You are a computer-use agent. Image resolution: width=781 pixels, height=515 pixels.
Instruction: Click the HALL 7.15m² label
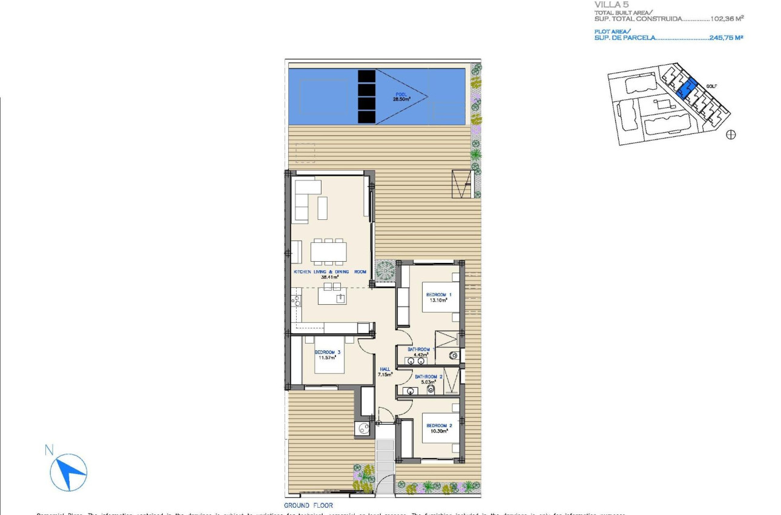[385, 371]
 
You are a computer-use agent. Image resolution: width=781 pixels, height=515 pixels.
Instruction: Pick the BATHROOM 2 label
[429, 379]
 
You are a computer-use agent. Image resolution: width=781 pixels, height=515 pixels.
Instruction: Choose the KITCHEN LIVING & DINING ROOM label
[330, 274]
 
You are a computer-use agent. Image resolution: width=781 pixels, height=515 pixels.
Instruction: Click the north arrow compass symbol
[69, 473]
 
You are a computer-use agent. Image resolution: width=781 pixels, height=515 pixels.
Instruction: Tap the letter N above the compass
[49, 450]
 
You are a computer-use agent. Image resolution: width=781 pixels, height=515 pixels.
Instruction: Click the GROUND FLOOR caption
[308, 505]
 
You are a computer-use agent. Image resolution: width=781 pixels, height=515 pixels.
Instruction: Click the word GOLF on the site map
[711, 86]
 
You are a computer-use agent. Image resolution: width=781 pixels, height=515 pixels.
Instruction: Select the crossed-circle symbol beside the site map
[731, 135]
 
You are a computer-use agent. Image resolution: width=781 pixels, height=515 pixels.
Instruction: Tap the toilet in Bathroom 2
[431, 390]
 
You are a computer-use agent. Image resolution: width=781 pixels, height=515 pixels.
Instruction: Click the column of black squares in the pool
[366, 96]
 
